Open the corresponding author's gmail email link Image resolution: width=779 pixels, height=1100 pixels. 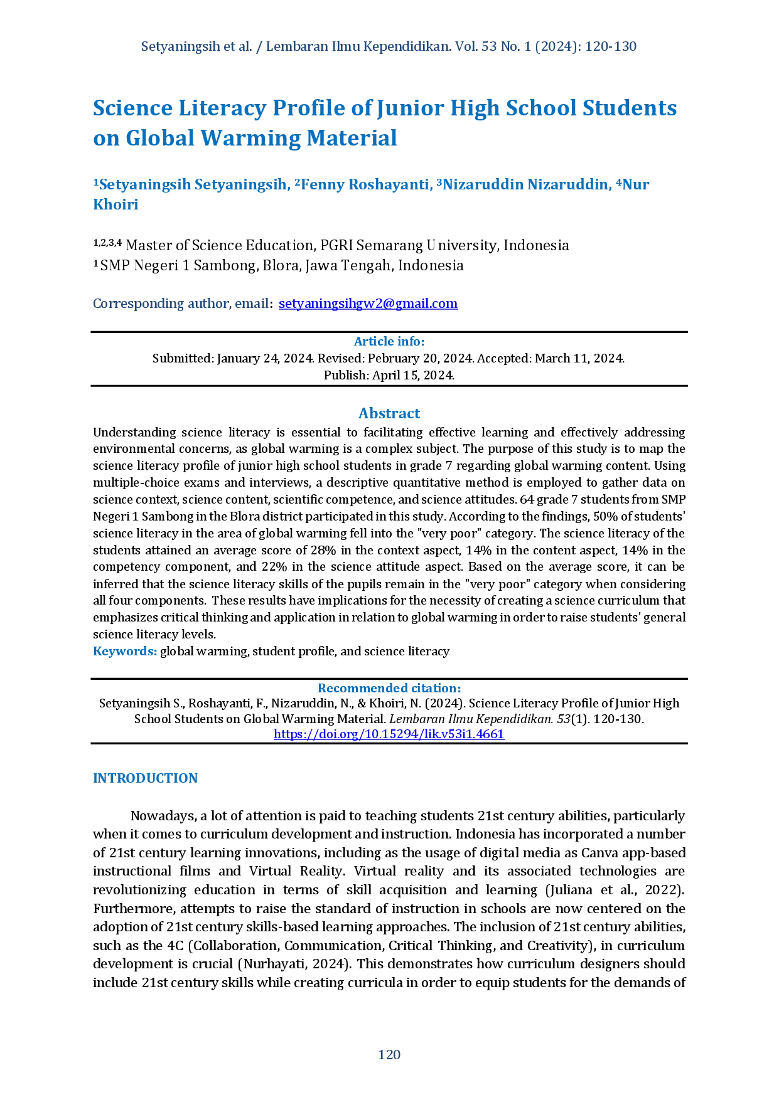(x=367, y=304)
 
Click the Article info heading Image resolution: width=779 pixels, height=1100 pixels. (x=389, y=341)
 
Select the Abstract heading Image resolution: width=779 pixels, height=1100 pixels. (x=389, y=414)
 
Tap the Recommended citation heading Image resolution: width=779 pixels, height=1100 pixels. (x=389, y=687)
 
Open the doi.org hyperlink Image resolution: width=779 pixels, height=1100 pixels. (x=389, y=734)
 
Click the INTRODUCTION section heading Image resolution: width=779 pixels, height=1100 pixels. (x=146, y=778)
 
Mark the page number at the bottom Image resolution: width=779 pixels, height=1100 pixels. (x=389, y=1055)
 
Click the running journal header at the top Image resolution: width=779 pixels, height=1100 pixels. (x=389, y=48)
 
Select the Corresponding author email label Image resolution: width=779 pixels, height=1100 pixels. (x=181, y=304)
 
